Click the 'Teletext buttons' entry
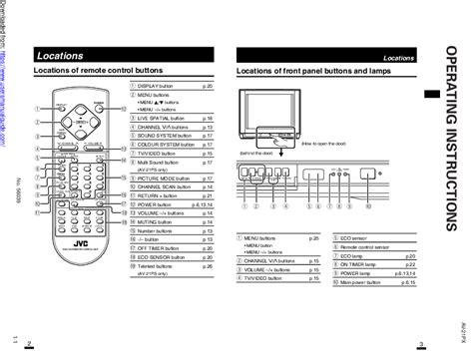160,267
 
